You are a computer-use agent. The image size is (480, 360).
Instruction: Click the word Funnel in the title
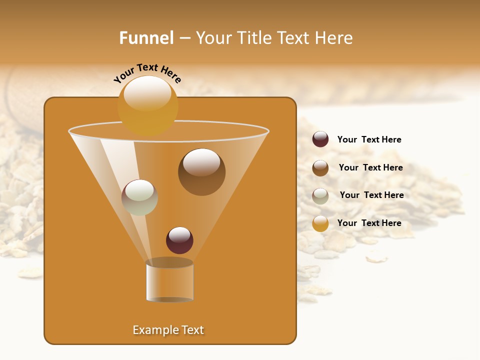[x=146, y=38]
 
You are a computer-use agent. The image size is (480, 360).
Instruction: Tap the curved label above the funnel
[x=147, y=72]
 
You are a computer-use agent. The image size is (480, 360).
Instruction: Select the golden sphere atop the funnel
[x=147, y=107]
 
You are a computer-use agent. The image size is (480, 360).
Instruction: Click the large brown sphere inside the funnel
[x=201, y=172]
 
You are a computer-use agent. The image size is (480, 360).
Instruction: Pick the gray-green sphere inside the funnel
[x=139, y=197]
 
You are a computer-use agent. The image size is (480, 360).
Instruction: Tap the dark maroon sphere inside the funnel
[x=179, y=240]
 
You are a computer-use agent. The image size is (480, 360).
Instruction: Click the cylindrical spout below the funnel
[x=169, y=281]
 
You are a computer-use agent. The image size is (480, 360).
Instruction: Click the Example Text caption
[x=168, y=330]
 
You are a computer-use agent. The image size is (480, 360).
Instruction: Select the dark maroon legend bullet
[x=320, y=139]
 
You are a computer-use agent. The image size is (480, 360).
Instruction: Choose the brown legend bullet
[x=320, y=168]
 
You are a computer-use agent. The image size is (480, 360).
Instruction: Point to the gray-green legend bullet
[x=320, y=195]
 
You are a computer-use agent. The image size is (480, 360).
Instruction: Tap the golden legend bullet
[x=320, y=223]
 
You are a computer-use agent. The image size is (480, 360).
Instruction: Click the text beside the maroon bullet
[x=369, y=139]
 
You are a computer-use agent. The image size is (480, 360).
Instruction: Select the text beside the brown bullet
[x=370, y=167]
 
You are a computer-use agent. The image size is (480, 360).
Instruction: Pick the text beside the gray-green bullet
[x=371, y=195]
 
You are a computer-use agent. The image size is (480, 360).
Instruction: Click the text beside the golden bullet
[x=369, y=223]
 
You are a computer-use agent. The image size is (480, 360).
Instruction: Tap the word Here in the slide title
[x=333, y=38]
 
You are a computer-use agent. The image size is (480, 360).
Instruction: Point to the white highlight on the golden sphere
[x=147, y=93]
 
